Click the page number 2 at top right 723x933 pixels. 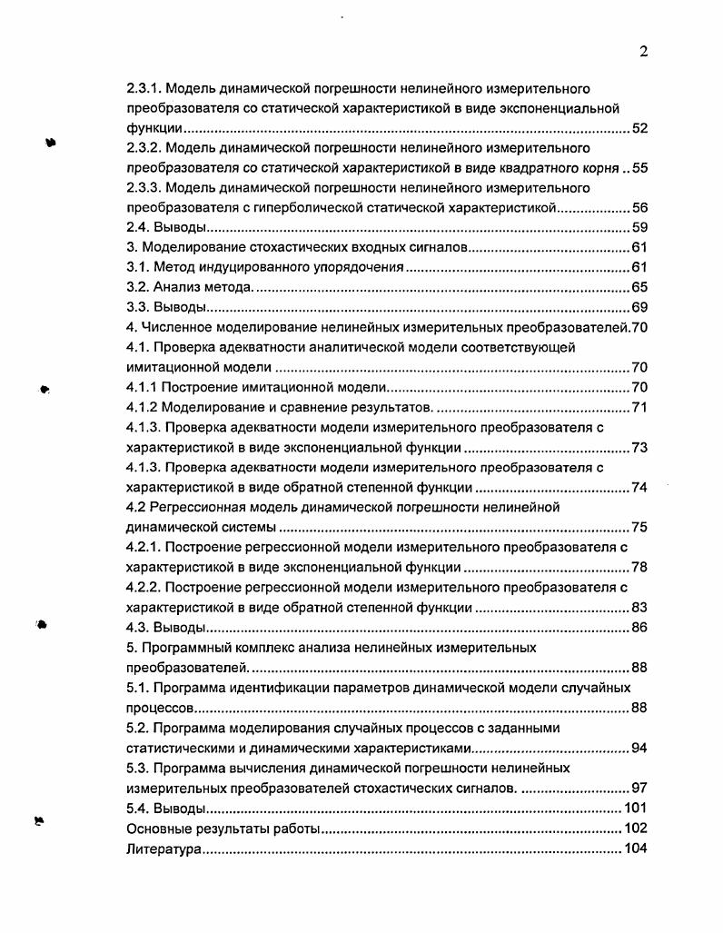click(x=643, y=52)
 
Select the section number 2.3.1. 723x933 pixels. click(x=144, y=89)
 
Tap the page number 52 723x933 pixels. click(x=639, y=128)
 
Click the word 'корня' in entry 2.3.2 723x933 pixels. click(x=599, y=168)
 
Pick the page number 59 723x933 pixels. click(x=639, y=227)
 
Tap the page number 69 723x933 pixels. click(x=639, y=307)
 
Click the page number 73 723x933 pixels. click(x=639, y=447)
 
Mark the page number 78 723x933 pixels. click(x=639, y=567)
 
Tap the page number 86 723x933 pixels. click(x=639, y=627)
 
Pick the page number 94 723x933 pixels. click(x=639, y=748)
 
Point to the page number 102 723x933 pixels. click(x=635, y=829)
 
